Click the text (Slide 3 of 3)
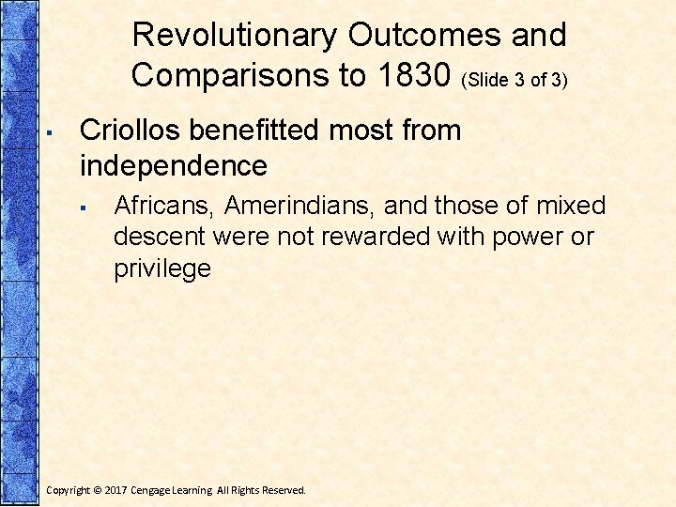pyautogui.click(x=514, y=80)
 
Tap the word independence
pyautogui.click(x=174, y=166)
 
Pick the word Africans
pyautogui.click(x=164, y=206)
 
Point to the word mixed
pyautogui.click(x=571, y=206)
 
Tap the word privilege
pyautogui.click(x=162, y=269)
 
